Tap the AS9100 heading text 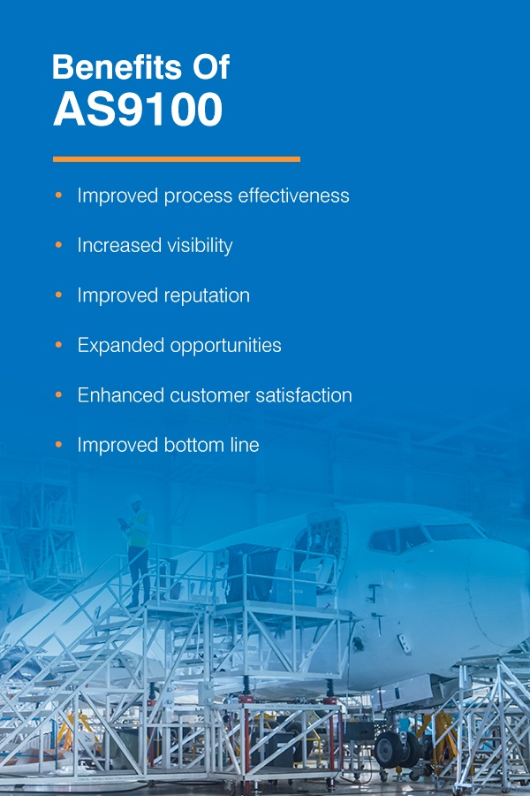tap(137, 111)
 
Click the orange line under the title tap(177, 159)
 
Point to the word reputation tap(207, 296)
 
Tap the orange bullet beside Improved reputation tap(58, 295)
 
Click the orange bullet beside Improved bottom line tap(58, 444)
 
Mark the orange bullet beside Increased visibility tap(58, 245)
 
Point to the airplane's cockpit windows tap(424, 536)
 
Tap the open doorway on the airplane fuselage tap(315, 553)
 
